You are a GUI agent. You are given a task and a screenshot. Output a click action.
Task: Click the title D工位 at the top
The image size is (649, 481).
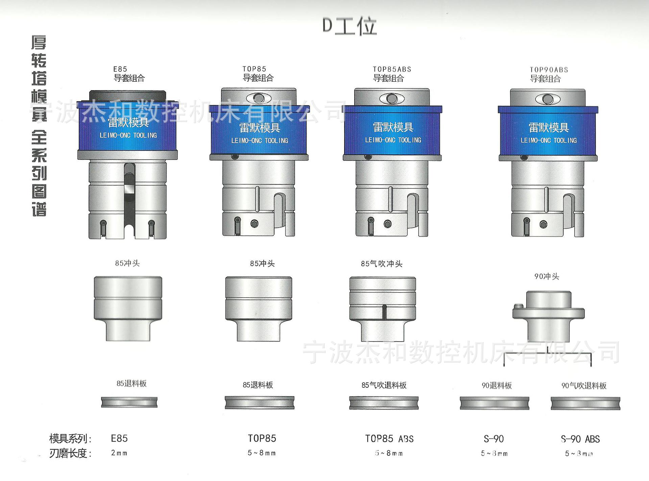click(x=350, y=26)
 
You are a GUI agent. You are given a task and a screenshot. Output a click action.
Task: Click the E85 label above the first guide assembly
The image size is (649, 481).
click(x=120, y=69)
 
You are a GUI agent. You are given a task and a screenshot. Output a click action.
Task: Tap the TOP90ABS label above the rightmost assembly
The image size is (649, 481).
click(x=549, y=70)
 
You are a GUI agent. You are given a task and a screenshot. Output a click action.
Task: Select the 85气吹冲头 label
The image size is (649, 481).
click(x=381, y=264)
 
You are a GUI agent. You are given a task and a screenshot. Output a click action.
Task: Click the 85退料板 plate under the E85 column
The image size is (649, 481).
click(x=129, y=402)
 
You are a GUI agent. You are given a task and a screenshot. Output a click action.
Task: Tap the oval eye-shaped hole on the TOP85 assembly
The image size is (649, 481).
click(x=259, y=98)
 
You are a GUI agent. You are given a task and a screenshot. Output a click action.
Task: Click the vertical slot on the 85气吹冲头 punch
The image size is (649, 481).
click(x=384, y=312)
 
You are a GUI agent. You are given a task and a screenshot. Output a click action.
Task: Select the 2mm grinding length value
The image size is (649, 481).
click(x=119, y=453)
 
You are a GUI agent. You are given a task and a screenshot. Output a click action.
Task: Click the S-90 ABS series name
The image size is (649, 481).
click(x=580, y=439)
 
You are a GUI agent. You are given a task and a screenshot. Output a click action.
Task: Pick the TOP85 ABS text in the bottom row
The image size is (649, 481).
click(x=389, y=439)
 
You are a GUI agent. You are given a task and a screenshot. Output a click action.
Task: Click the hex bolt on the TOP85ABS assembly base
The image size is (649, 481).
click(x=388, y=224)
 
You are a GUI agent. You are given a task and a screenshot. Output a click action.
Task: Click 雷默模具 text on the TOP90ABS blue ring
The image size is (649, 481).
click(x=548, y=128)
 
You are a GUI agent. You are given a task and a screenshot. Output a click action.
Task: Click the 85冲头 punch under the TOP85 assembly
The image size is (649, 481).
click(x=259, y=308)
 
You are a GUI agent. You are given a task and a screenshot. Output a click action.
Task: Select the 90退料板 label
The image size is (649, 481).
click(x=496, y=385)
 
